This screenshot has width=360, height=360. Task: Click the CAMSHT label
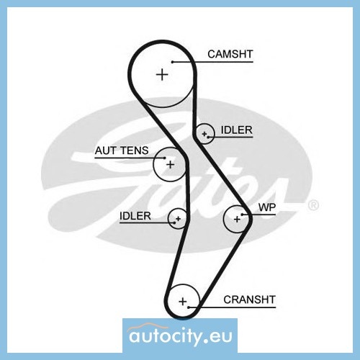coord(230,54)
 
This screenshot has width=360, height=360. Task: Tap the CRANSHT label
coord(249,300)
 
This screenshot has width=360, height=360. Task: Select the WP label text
coord(267,207)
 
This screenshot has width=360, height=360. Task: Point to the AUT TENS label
coord(122,150)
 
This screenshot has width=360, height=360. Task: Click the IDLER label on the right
coord(237,130)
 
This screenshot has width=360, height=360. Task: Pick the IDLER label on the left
coord(135,216)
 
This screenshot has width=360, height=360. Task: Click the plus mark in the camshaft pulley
coord(162,74)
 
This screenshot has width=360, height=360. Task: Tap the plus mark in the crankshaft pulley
coord(183,302)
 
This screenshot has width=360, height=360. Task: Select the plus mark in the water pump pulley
coord(237,219)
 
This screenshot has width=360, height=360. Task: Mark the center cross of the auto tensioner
coord(170,165)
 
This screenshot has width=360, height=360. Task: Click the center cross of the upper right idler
coord(204,134)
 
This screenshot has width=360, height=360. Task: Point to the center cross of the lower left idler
coord(178,219)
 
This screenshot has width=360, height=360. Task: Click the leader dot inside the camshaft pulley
coord(173,62)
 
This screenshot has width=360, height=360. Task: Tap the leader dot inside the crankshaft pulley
coord(189,307)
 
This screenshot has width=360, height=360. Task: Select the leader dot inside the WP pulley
coord(243,215)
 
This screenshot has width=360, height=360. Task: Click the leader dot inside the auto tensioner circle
coord(164,158)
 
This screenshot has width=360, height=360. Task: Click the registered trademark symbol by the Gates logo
coord(313,205)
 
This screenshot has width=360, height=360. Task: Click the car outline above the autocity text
coord(148,326)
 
